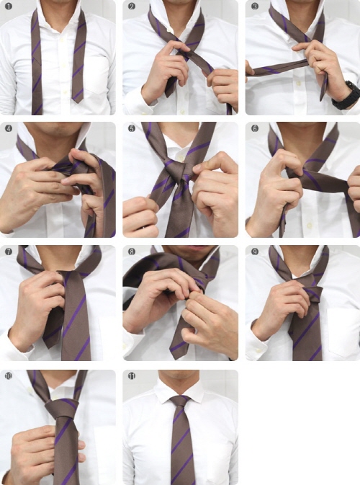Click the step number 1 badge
9,6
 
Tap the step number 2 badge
131,6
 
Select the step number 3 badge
254,6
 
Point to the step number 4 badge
9,128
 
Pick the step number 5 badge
131,128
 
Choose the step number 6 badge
254,128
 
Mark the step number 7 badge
9,252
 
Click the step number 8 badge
131,252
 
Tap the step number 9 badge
254,252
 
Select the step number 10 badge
9,375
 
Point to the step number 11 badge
131,375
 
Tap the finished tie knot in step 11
180,401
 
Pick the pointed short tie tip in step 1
78,99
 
